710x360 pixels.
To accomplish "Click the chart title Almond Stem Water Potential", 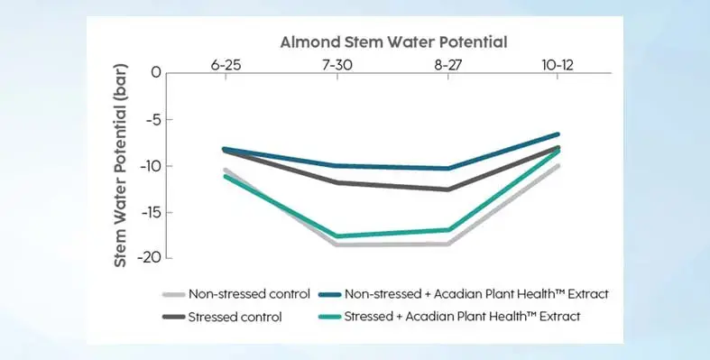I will click(x=392, y=42).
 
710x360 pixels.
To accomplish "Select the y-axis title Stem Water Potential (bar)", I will click(x=120, y=166).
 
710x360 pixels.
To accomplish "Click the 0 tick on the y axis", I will click(x=155, y=73).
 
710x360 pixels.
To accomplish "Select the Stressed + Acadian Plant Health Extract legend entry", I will click(x=452, y=317).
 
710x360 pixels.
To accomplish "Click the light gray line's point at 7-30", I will click(x=337, y=244).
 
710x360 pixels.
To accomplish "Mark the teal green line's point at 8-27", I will click(x=447, y=230).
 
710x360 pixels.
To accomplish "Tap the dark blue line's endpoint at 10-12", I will click(x=558, y=134).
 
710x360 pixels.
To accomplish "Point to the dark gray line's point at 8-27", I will click(x=447, y=189).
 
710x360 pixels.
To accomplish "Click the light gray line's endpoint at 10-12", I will click(x=558, y=166).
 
